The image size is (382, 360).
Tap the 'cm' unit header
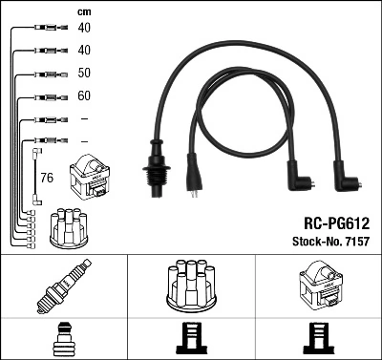tap(83, 11)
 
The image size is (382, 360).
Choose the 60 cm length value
tap(85, 96)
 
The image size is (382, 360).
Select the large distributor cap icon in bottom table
tap(190, 286)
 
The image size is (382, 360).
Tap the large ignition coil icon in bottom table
tap(318, 286)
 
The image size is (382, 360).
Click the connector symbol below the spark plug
tap(63, 339)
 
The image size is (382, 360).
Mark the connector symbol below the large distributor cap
tap(190, 339)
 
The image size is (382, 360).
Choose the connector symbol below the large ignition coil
tap(318, 339)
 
